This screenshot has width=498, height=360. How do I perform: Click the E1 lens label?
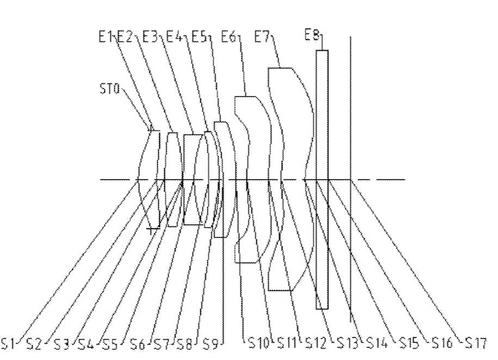coord(106,37)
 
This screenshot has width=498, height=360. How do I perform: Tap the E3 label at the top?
coord(150,37)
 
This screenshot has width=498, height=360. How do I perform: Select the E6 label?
coord(229,37)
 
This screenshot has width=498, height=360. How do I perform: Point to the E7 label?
coord(262,37)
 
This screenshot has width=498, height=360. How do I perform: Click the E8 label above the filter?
coord(312,35)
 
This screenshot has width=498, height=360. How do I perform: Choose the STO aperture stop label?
coord(109,89)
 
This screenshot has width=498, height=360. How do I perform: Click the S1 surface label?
coord(8,344)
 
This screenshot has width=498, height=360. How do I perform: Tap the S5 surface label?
coord(110,344)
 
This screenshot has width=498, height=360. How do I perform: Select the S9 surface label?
coord(211,344)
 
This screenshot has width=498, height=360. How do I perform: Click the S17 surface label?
coord(476,343)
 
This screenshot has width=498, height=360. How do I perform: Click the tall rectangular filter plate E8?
coord(322,180)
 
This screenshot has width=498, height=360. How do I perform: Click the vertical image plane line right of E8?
coord(351,180)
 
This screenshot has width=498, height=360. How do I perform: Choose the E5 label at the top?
coord(199,37)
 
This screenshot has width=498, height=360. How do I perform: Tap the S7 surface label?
coord(162,344)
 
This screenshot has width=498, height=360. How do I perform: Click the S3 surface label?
coord(62,344)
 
